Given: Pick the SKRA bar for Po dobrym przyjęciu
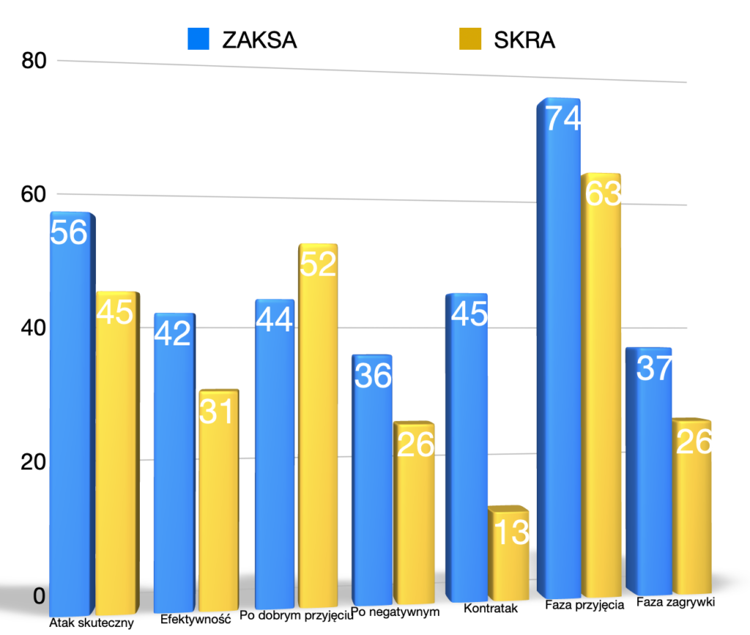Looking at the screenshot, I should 318,425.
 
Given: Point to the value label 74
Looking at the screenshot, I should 561,119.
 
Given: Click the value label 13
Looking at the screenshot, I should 510,533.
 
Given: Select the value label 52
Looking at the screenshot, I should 318,264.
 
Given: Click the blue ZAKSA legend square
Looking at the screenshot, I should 198,39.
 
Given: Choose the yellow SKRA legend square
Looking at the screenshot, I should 469,39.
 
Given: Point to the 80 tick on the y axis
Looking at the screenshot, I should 34,61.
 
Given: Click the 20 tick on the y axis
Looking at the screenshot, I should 34,463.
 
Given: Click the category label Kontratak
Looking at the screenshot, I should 491,609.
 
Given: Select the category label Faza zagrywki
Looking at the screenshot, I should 675,603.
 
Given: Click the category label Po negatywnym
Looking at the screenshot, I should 395,611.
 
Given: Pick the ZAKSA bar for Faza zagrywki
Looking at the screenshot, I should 649,477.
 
